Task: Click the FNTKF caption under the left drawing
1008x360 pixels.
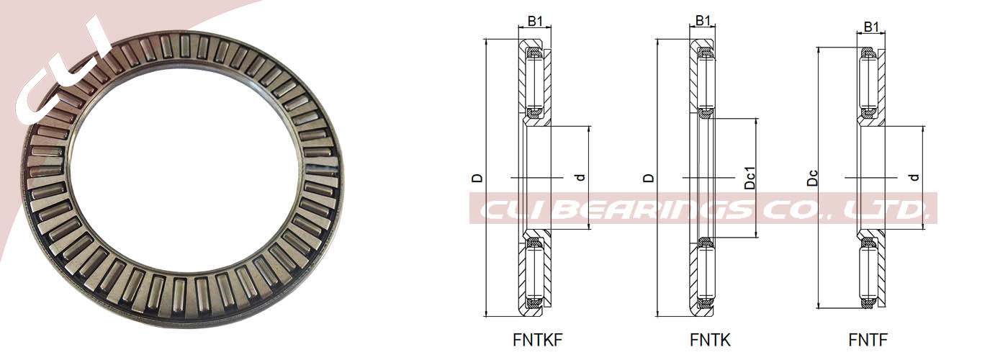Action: coord(537,340)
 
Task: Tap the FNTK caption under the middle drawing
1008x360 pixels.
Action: coord(710,340)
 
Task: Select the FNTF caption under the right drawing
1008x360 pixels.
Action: coord(868,340)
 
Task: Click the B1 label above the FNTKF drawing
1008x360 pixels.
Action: coord(535,21)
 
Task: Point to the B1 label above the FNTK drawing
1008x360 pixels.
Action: coord(703,20)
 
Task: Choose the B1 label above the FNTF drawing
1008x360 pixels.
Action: coord(871,27)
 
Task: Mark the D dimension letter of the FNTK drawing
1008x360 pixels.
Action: coord(648,178)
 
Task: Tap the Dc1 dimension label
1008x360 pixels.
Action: coord(750,178)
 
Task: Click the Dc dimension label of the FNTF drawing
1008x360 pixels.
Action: coord(812,178)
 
